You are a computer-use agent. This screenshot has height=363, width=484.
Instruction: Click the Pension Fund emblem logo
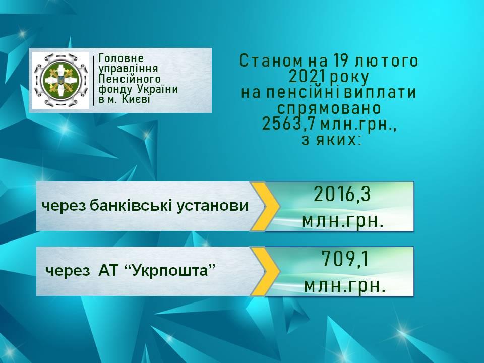(60, 80)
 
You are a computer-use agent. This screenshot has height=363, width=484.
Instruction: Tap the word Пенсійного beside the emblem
(130, 79)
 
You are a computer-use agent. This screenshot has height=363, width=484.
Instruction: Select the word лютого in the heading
(387, 61)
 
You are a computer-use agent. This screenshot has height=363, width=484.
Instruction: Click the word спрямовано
(329, 109)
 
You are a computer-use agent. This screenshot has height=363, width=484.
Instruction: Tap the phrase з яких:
(331, 141)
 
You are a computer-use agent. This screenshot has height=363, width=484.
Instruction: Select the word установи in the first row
(213, 206)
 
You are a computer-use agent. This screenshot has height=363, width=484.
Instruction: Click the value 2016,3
(342, 195)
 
